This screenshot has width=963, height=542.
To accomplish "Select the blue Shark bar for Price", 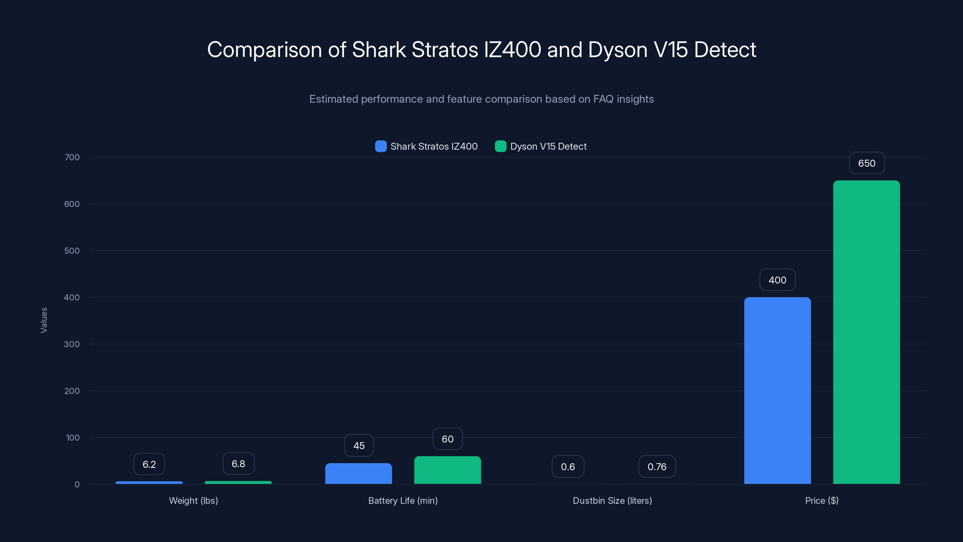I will coord(777,391).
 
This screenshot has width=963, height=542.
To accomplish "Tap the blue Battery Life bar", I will coord(358,474).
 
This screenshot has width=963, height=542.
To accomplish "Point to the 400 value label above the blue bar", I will coord(777,280).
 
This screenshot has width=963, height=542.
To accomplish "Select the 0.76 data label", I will coord(657,466).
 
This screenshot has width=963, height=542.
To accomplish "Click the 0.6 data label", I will coord(568,466).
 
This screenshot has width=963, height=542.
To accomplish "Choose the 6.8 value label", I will coord(238,463).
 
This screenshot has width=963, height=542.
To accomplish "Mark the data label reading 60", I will coord(447,439).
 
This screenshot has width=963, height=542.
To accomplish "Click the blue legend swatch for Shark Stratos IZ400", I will coord(381,146).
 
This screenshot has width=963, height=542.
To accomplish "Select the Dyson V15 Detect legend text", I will coord(548,146).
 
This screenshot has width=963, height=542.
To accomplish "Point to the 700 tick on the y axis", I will coord(72,157).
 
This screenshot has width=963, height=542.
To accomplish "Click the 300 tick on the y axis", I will coord(72,344).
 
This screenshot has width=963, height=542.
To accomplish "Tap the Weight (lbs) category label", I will coord(193,500).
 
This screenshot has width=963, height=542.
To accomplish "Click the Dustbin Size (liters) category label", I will coord(612,500).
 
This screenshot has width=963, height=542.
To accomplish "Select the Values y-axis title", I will coord(44,320).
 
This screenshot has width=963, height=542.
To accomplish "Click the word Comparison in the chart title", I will coord(264,49).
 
